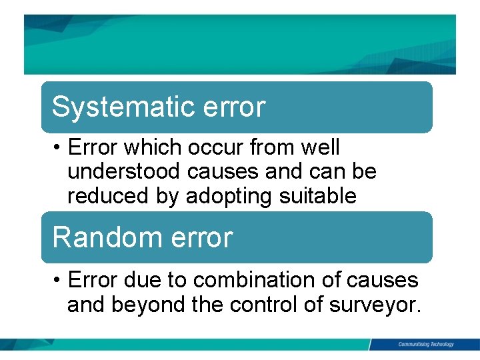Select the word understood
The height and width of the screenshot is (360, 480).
[x=125, y=172]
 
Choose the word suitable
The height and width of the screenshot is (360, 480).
[x=318, y=197]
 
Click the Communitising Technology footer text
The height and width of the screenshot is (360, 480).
[x=425, y=345]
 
